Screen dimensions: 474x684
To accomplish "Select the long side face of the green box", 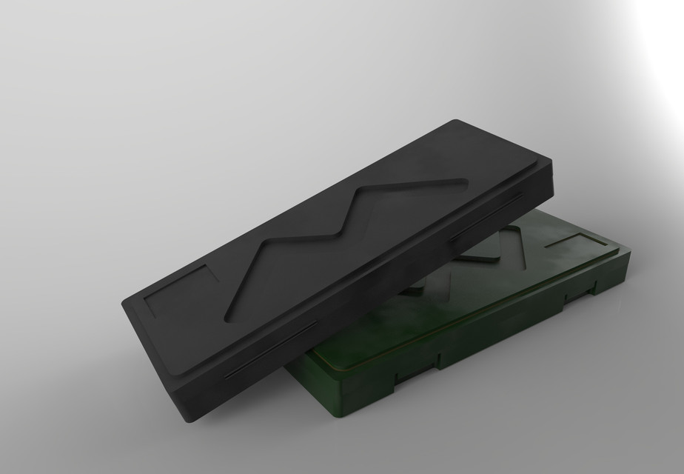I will pos(496,326).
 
